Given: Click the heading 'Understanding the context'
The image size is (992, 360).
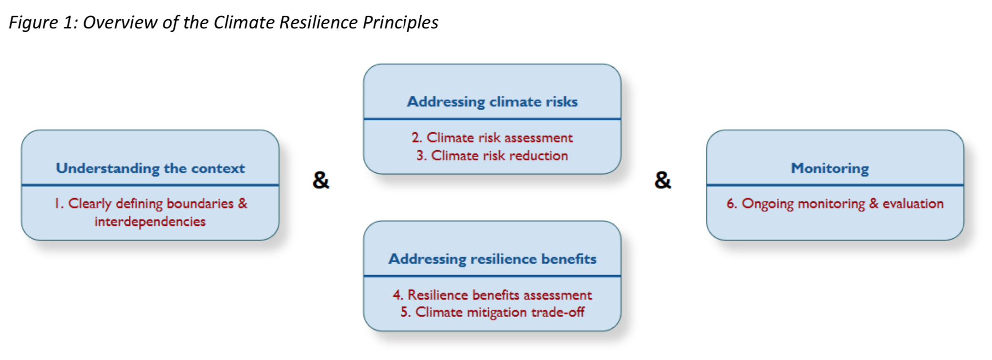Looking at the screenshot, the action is (151, 168).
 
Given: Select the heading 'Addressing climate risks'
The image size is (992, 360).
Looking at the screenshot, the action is (492, 102).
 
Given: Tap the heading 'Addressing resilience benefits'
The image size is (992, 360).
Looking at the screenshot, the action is (493, 259).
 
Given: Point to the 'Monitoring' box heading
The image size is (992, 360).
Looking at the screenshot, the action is (830, 168).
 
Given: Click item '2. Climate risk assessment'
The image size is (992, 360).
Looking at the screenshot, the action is (492, 138).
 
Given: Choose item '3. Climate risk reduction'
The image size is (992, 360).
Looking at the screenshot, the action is (492, 155).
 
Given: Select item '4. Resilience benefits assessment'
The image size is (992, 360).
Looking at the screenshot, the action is (492, 295).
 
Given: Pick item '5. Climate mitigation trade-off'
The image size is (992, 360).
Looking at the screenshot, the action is (492, 312).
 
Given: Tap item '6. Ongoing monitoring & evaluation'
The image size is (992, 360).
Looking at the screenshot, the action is (835, 204).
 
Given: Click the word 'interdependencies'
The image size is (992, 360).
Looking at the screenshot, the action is (150, 222).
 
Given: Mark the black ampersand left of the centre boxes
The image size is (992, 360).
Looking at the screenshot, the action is (321, 180).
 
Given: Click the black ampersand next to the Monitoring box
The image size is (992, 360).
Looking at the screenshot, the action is (663, 180).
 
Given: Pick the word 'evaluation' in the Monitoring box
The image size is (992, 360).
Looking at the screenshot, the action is (913, 204).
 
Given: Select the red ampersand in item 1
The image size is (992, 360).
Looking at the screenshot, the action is (243, 204).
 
